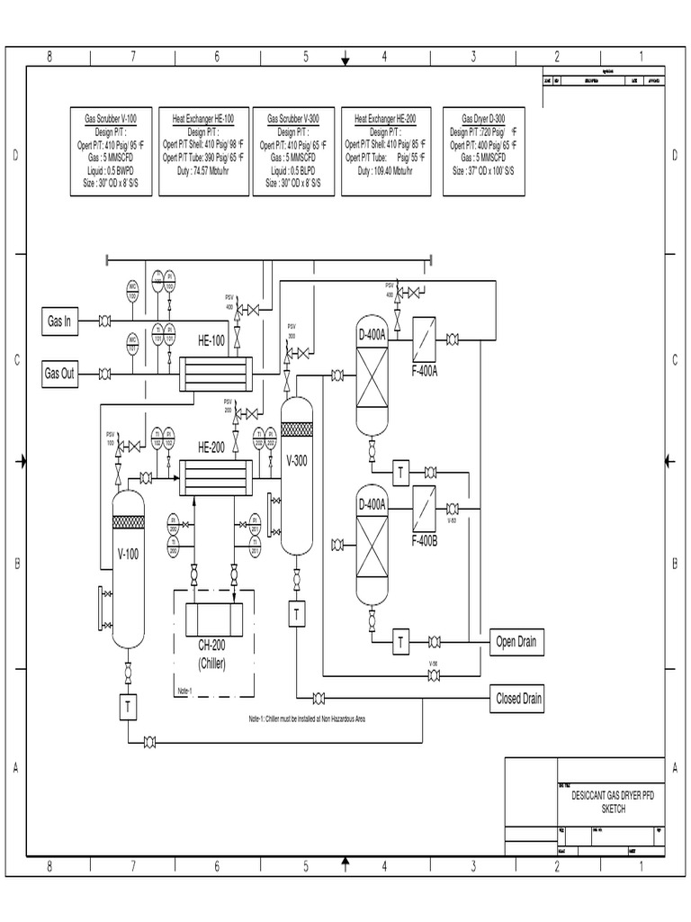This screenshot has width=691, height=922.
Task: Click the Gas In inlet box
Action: coord(59,321)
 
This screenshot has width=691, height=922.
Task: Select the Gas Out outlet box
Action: coord(59,374)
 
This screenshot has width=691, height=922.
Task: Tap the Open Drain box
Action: coord(517,641)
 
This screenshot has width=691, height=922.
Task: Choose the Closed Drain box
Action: coord(517,698)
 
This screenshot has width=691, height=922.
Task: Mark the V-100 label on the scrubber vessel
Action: coord(128,554)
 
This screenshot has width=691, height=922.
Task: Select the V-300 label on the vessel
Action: coord(297,460)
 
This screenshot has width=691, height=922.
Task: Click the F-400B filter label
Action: coord(425,540)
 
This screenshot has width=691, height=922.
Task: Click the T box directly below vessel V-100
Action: coord(128,708)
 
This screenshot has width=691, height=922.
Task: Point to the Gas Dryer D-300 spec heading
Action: coord(483,118)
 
